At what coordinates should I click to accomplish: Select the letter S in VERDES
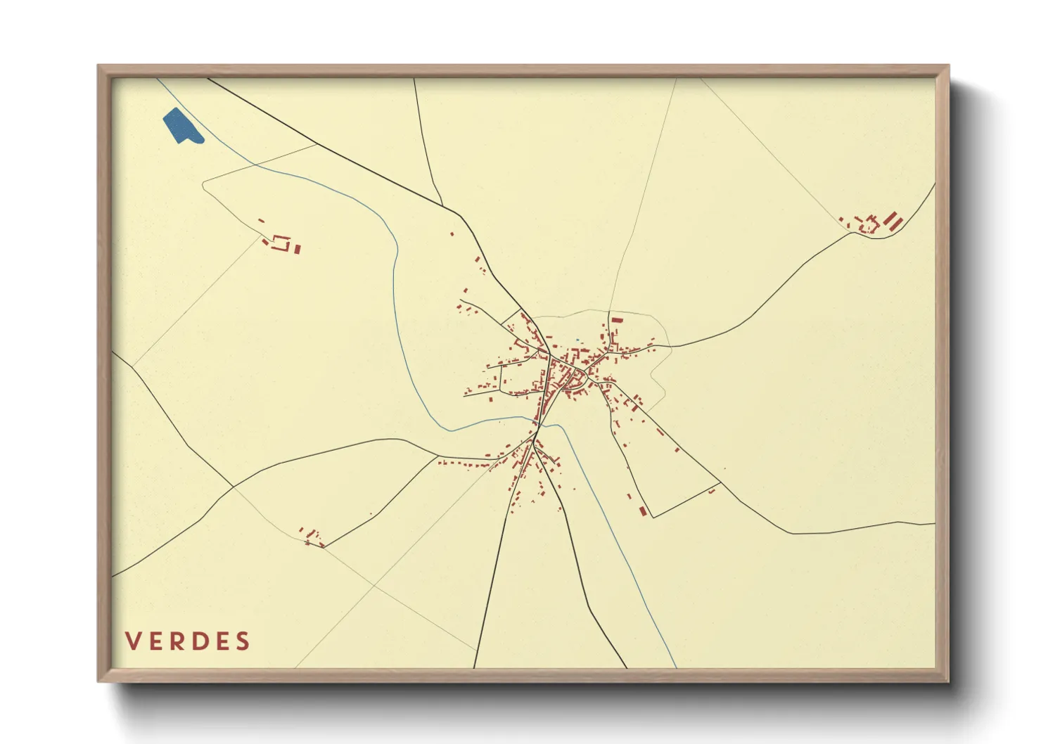click(x=243, y=641)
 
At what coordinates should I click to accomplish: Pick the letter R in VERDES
click(x=177, y=641)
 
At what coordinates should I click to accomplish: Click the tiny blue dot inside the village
click(x=577, y=340)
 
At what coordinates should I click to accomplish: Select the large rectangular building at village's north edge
click(x=617, y=320)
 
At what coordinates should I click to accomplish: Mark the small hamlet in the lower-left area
click(x=312, y=537)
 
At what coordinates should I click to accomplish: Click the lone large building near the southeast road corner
click(x=642, y=511)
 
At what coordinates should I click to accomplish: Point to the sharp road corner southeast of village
click(x=653, y=518)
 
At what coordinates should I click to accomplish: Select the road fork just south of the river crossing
click(x=535, y=443)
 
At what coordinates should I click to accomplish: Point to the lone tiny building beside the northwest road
click(x=452, y=234)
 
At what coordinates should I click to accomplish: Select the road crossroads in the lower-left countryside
click(x=233, y=486)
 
